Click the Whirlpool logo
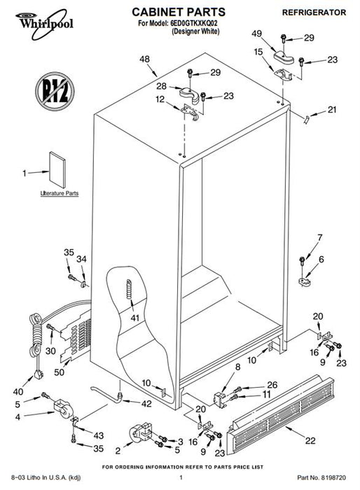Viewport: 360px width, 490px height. (x=44, y=24)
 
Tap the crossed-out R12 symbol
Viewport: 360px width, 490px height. (x=55, y=91)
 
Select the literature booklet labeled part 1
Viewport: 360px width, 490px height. (x=57, y=170)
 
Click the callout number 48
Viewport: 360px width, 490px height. (x=144, y=59)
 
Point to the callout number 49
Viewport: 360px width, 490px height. (x=257, y=34)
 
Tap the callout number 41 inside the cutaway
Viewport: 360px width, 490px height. (x=134, y=318)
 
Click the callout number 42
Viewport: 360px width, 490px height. (x=146, y=404)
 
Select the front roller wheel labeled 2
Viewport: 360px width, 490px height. (x=141, y=432)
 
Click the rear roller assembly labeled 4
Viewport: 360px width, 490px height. (x=64, y=409)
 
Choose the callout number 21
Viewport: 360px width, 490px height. (x=332, y=110)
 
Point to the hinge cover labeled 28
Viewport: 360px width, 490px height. (x=190, y=94)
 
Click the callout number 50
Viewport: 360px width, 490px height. (x=59, y=372)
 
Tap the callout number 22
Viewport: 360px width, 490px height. (x=310, y=440)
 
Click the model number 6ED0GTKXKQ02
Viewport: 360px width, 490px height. (x=194, y=23)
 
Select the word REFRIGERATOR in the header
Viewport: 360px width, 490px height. (x=314, y=13)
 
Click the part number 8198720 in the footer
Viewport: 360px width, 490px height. (x=334, y=478)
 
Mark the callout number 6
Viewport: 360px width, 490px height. (x=321, y=260)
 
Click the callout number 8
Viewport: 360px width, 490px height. (x=237, y=367)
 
